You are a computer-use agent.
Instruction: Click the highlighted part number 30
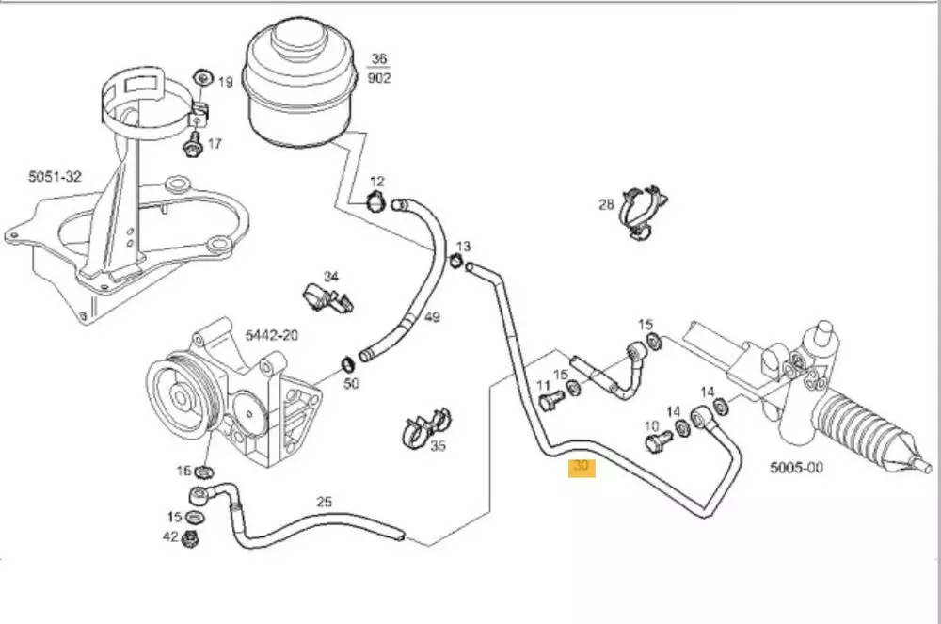[581, 467]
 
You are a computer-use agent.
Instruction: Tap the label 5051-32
[55, 175]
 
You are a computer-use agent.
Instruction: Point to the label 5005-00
[797, 467]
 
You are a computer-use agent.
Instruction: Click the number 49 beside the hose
[432, 317]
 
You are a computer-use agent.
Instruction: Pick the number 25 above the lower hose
[324, 502]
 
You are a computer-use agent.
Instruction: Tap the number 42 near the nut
[170, 538]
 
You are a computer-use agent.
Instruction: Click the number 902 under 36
[379, 78]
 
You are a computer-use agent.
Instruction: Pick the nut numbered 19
[200, 78]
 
